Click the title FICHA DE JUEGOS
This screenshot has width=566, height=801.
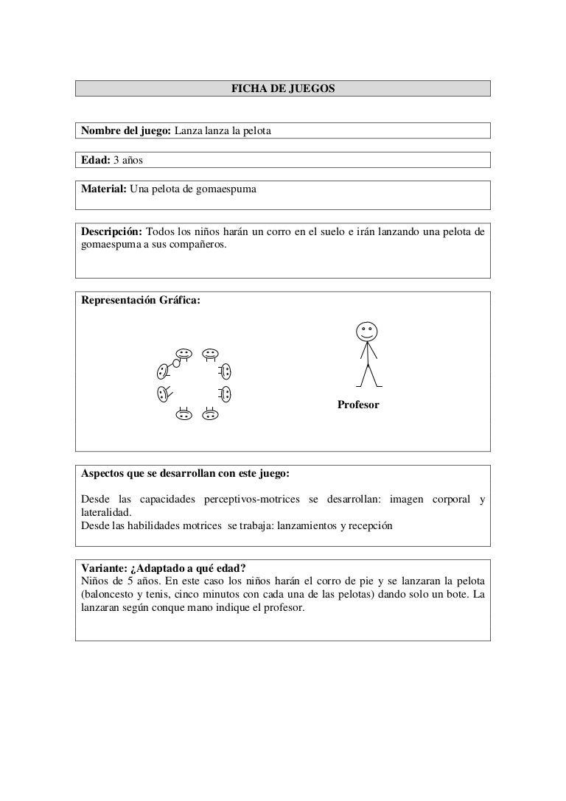point(283,88)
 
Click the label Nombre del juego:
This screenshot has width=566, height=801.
point(125,131)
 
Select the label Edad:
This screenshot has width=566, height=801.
point(95,160)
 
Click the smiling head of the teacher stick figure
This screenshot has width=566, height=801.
point(367,332)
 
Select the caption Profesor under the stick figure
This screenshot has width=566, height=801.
point(358,405)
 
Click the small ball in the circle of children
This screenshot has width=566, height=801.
point(176,363)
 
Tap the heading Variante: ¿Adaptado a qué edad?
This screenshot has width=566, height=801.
point(164,567)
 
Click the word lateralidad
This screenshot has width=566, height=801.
point(106,512)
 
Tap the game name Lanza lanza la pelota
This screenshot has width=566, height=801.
point(223,131)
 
